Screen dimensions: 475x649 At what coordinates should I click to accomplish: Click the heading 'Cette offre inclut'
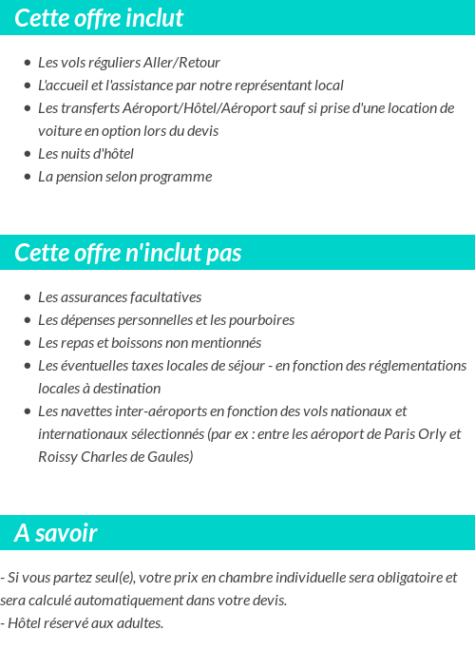(100, 18)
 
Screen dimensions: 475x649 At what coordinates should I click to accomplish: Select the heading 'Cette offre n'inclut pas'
(128, 253)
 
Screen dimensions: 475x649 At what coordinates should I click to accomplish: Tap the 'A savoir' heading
(56, 533)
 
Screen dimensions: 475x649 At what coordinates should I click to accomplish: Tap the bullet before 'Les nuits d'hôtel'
(28, 154)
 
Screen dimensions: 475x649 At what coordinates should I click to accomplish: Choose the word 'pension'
(81, 177)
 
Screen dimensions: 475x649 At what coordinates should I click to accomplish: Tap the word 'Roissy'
(58, 457)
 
